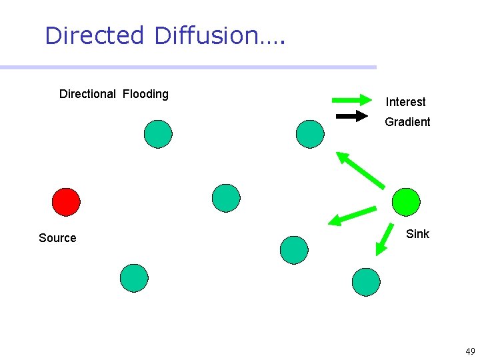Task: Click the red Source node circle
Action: pyautogui.click(x=66, y=202)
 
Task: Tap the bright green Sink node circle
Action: pyautogui.click(x=406, y=202)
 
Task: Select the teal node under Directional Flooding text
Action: pyautogui.click(x=158, y=134)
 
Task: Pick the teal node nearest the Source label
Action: pyautogui.click(x=134, y=278)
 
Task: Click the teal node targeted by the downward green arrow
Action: pyautogui.click(x=366, y=282)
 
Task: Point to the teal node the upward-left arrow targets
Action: pyautogui.click(x=310, y=133)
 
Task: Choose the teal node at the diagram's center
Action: pyautogui.click(x=226, y=198)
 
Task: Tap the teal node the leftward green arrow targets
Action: pyautogui.click(x=294, y=250)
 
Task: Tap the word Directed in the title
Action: pyautogui.click(x=94, y=35)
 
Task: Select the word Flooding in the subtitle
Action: pyautogui.click(x=145, y=94)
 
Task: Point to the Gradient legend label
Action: pyautogui.click(x=407, y=122)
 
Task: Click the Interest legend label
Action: pyautogui.click(x=405, y=102)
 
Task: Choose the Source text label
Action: pyautogui.click(x=57, y=238)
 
